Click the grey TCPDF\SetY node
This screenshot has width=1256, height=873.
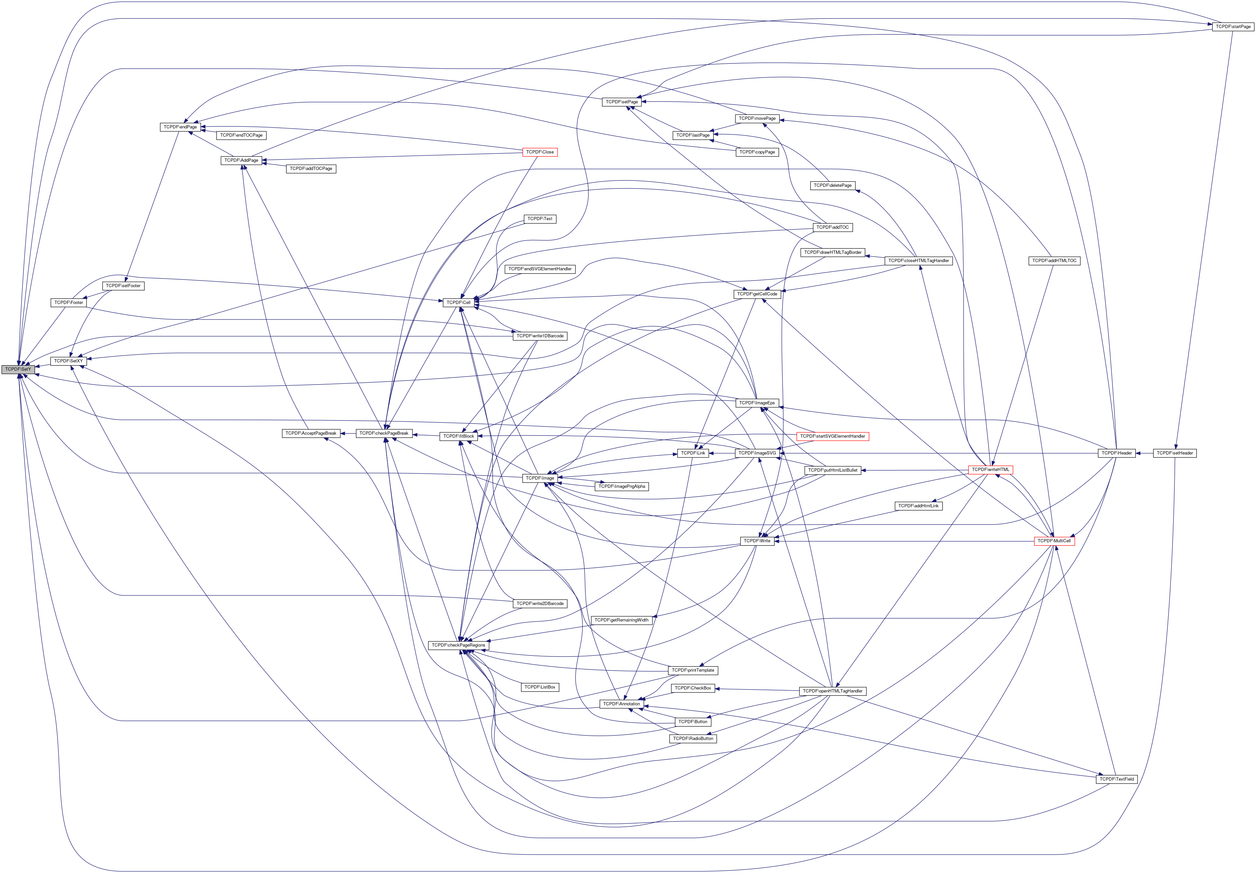pyautogui.click(x=18, y=369)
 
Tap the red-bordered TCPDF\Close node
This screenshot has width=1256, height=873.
pyautogui.click(x=540, y=152)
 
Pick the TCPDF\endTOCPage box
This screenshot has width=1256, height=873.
pyautogui.click(x=241, y=135)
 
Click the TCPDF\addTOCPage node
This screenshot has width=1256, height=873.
pyautogui.click(x=311, y=168)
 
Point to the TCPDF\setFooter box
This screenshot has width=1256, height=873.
pyautogui.click(x=123, y=285)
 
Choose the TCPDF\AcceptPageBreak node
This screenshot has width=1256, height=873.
pyautogui.click(x=311, y=433)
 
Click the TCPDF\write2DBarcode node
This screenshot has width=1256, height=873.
pyautogui.click(x=540, y=603)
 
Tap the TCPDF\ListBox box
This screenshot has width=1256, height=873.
pyautogui.click(x=540, y=687)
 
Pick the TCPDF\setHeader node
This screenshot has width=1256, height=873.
pyautogui.click(x=1174, y=453)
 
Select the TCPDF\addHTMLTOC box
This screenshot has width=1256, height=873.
pyautogui.click(x=1054, y=261)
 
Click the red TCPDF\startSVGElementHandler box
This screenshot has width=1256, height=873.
pyautogui.click(x=833, y=436)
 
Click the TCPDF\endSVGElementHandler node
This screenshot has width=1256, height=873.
pyautogui.click(x=540, y=269)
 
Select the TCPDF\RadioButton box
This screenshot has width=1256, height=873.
pyautogui.click(x=693, y=738)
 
